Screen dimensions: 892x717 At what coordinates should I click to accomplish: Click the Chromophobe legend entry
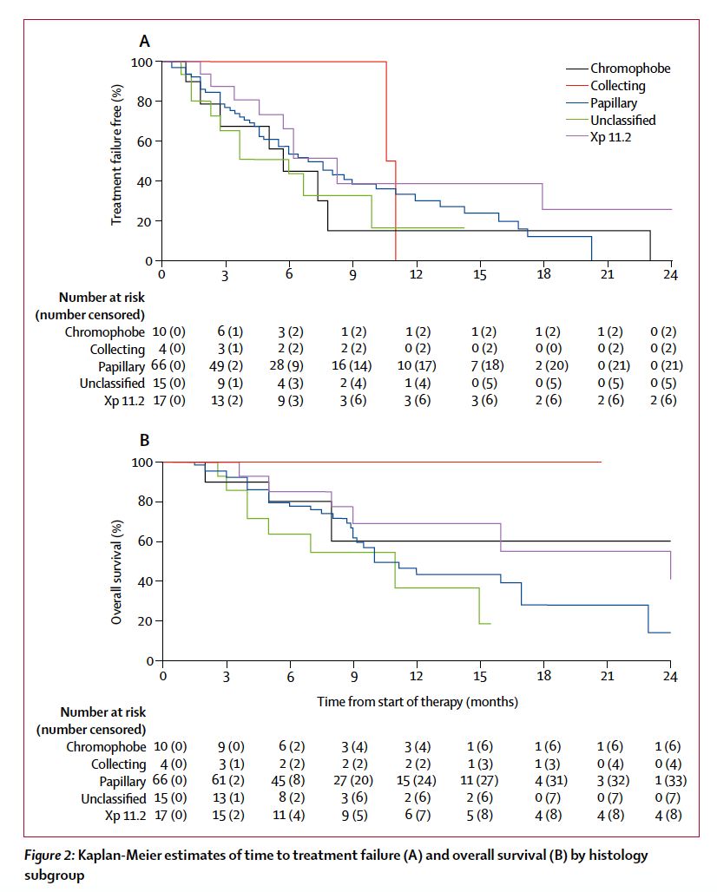[x=630, y=69]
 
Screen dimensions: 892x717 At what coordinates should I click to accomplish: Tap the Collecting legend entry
[x=618, y=86]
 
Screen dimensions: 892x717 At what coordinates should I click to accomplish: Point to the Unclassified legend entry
[x=623, y=120]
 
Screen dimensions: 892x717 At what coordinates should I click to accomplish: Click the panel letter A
[x=145, y=40]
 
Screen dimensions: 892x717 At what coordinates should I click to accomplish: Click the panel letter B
[x=145, y=441]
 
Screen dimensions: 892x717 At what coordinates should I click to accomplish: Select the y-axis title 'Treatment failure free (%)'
[x=116, y=155]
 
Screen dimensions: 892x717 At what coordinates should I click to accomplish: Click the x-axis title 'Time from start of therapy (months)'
[x=417, y=701]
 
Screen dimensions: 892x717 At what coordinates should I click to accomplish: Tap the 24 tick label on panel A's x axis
[x=670, y=276]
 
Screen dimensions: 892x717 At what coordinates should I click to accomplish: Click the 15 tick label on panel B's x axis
[x=480, y=677]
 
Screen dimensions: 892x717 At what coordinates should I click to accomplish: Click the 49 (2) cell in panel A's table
[x=230, y=364]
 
